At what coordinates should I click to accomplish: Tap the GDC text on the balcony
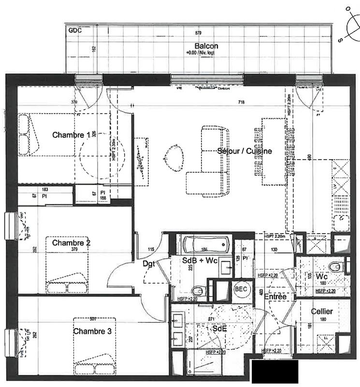(75, 30)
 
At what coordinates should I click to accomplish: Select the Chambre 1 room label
(71, 135)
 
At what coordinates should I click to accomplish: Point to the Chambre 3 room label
(93, 331)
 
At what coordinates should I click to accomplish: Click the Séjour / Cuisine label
(244, 151)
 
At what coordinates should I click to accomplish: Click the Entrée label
(275, 296)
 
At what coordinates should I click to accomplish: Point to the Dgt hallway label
(149, 264)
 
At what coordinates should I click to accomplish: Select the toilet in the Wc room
(335, 267)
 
